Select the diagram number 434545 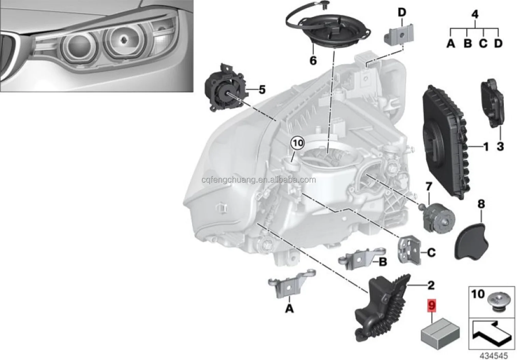point(493,355)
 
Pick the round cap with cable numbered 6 point(318,31)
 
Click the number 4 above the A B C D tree point(475,14)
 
